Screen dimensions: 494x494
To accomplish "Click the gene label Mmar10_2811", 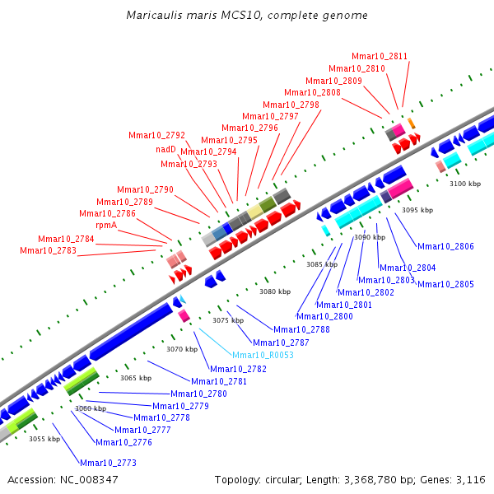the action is pyautogui.click(x=380, y=56).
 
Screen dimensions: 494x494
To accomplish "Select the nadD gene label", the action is pyautogui.click(x=165, y=149).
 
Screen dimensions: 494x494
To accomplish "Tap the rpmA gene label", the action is pyautogui.click(x=106, y=226).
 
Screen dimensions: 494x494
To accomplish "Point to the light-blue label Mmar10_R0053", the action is pyautogui.click(x=263, y=355).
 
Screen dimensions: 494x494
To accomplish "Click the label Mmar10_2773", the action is pyautogui.click(x=108, y=463).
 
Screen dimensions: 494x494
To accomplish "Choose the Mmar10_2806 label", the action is pyautogui.click(x=445, y=246).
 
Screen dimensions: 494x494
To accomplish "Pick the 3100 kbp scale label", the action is pyautogui.click(x=465, y=184).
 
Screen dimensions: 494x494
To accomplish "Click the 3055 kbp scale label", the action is pyautogui.click(x=44, y=439).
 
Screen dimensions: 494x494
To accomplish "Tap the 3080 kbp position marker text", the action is pyautogui.click(x=275, y=291).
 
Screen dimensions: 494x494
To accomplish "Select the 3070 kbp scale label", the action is pyautogui.click(x=182, y=349).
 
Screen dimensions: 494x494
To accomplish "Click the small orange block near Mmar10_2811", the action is pyautogui.click(x=412, y=123).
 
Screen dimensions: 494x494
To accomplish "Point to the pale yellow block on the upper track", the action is pyautogui.click(x=254, y=212).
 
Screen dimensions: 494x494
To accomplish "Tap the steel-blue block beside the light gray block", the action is pyautogui.click(x=219, y=233).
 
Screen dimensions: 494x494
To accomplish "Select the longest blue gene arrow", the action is pyautogui.click(x=131, y=331).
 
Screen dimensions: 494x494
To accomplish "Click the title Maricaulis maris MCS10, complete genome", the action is pyautogui.click(x=247, y=15).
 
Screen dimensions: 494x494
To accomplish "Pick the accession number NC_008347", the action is pyautogui.click(x=89, y=480).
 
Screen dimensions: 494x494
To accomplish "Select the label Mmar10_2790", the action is pyautogui.click(x=145, y=189).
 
